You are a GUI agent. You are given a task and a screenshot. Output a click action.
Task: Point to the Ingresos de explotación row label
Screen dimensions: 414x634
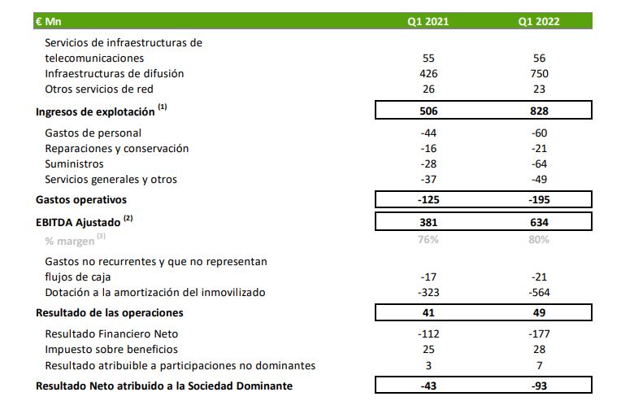[x=96, y=111]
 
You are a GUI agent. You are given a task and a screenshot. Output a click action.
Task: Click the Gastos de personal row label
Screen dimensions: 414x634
[x=93, y=133]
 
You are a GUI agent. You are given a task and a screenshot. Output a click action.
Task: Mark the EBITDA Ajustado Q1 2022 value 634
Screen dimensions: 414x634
[x=537, y=222]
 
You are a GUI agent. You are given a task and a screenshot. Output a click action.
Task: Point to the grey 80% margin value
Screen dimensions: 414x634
[x=538, y=239]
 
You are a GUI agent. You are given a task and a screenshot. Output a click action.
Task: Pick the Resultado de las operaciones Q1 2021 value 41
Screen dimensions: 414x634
[x=429, y=312]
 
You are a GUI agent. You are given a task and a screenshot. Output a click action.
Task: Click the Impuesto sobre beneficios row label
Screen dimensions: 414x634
[x=111, y=349]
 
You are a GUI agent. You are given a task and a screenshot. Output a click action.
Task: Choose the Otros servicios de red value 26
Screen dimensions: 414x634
[x=429, y=89]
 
